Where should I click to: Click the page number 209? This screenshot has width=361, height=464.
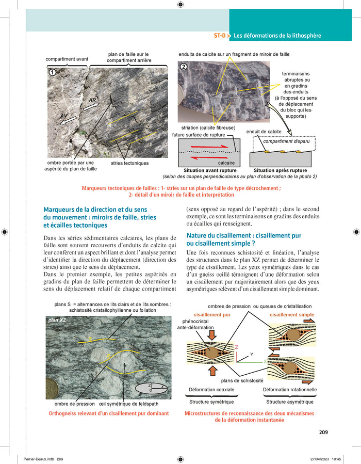pos(323,433)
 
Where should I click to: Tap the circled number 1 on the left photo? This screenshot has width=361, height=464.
pos(52,73)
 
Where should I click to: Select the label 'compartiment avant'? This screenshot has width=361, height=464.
pos(67,59)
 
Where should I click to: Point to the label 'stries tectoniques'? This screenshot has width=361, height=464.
pos(129,163)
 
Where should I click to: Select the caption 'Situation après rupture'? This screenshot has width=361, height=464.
pos(281,170)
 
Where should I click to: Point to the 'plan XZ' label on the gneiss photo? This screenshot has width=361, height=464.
pos(57,321)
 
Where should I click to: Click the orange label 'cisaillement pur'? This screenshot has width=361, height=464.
pos(211,315)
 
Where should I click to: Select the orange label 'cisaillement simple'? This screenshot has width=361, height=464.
pos(291,315)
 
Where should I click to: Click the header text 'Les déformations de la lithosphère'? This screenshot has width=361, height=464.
pos(277,36)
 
